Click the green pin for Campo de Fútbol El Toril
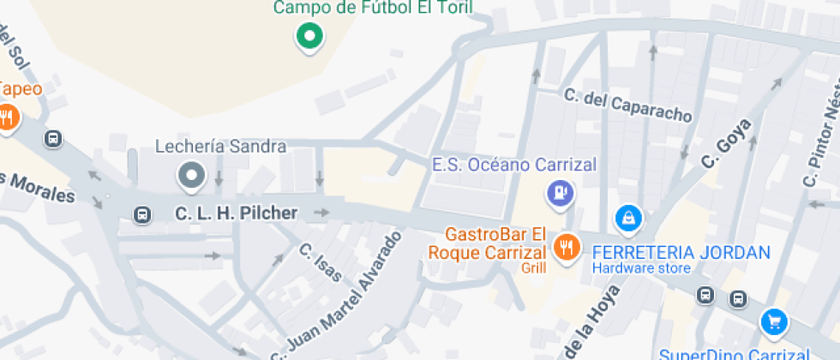click(309, 36)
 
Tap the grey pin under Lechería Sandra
click(191, 176)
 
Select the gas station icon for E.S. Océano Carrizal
click(561, 192)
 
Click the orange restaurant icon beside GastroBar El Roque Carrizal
click(565, 247)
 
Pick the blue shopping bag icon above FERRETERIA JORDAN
click(629, 218)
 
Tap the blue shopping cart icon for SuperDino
click(774, 322)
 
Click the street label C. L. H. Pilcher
click(237, 213)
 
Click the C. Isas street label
click(321, 262)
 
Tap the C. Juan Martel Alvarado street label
click(337, 297)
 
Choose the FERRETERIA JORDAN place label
click(681, 253)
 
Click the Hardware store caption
click(641, 269)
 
